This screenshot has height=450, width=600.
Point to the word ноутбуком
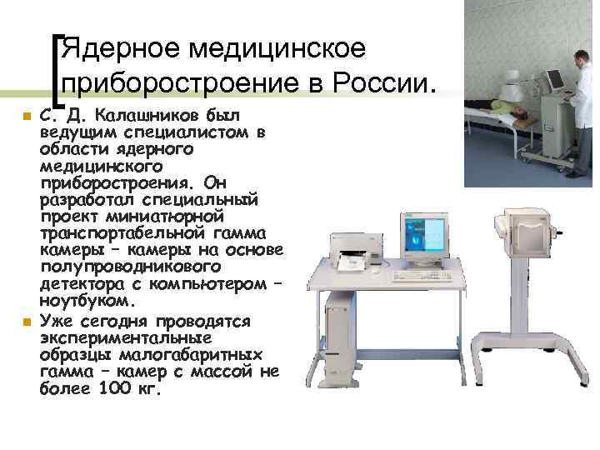[85, 299]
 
